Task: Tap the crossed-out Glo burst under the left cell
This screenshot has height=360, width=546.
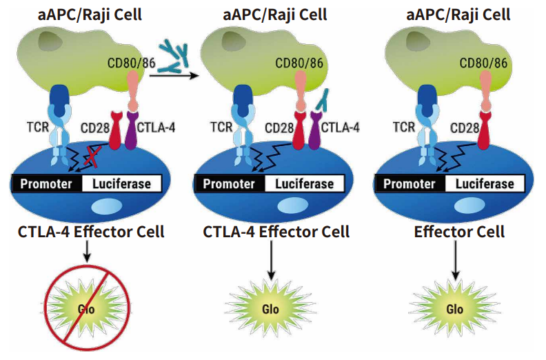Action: click(87, 308)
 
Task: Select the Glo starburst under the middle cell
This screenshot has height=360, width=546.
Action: click(270, 308)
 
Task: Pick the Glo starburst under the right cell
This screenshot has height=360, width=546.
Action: click(454, 308)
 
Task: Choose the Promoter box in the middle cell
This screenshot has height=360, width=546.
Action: click(228, 183)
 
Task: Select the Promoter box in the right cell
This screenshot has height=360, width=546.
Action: click(410, 183)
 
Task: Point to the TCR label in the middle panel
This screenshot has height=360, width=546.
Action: click(221, 127)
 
